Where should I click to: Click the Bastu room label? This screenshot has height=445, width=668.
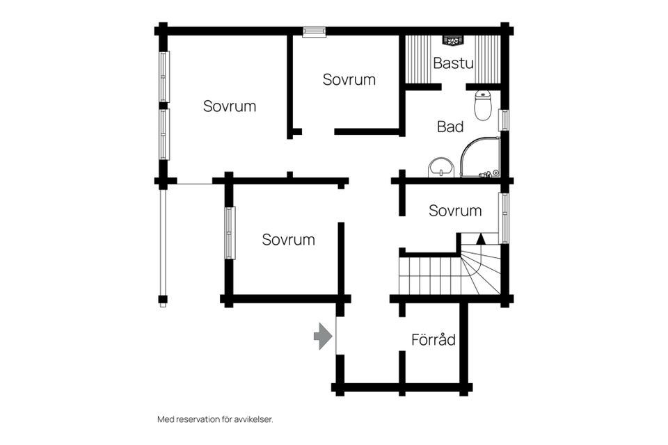[x=453, y=63]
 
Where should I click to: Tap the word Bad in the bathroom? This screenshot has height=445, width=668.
[x=450, y=127]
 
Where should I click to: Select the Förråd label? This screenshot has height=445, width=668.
[x=433, y=340]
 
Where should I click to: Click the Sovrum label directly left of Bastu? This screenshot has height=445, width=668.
[x=349, y=79]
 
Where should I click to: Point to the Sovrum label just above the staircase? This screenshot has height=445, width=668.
[x=455, y=211]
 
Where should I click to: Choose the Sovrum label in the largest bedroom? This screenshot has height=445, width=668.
[x=230, y=106]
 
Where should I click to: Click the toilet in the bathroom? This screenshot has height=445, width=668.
[x=482, y=105]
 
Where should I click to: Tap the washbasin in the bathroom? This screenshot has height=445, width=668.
[x=440, y=166]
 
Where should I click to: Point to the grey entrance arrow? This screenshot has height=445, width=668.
[x=323, y=337]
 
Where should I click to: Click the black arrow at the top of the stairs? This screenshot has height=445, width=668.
[x=480, y=238]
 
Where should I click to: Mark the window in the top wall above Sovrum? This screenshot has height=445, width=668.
[x=314, y=31]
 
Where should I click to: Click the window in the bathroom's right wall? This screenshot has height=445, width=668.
[x=504, y=120]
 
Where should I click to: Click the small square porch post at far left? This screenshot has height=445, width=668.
[x=163, y=300]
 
